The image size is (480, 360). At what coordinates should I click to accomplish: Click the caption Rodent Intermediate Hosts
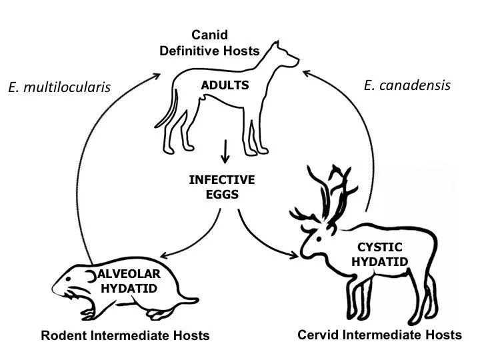click(x=125, y=335)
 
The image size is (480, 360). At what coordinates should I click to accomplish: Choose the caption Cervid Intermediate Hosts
click(x=379, y=335)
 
